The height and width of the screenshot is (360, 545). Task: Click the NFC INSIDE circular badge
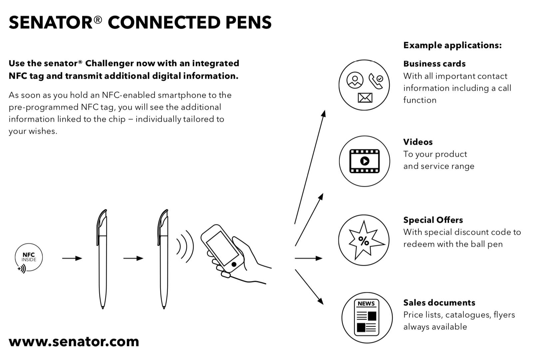[29, 258]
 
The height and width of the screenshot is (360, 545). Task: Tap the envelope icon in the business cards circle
[365, 98]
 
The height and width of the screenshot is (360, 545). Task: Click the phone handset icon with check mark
[376, 81]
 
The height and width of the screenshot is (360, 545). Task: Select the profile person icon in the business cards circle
[355, 80]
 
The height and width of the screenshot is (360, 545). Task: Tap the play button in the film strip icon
[364, 161]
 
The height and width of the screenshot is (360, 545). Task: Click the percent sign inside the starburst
[364, 241]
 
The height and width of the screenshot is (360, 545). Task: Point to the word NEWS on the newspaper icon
[366, 304]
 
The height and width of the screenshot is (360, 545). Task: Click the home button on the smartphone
[234, 264]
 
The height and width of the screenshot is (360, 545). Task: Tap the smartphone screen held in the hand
[223, 248]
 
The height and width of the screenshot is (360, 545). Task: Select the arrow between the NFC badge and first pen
[72, 258]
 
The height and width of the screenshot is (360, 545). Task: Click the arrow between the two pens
[133, 258]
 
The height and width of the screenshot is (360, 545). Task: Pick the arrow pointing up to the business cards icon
[310, 167]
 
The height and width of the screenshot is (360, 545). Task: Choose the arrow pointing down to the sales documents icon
[309, 287]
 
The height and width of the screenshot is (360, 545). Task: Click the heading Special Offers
[433, 220]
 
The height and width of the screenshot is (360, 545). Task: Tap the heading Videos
[418, 142]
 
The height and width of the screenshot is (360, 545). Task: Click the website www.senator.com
[74, 341]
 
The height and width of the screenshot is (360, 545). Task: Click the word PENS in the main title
[249, 23]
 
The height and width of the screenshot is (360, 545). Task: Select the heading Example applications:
[452, 45]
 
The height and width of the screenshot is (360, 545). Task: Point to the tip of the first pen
[103, 308]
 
